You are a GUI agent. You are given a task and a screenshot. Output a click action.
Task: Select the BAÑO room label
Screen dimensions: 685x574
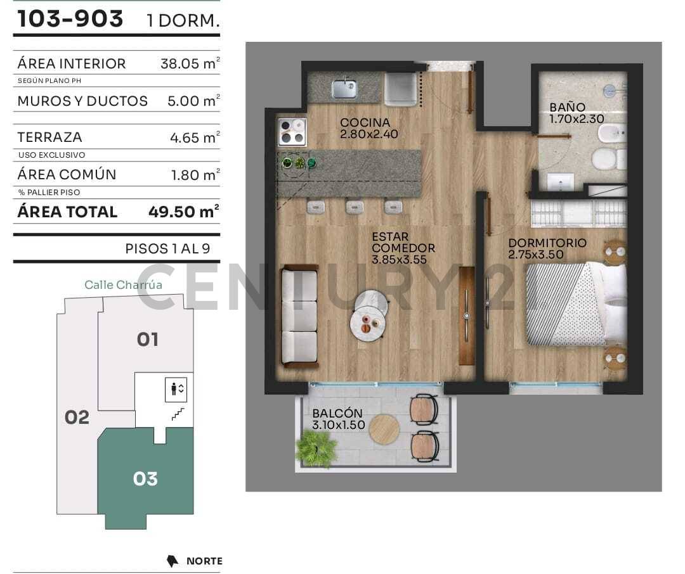tap(567, 107)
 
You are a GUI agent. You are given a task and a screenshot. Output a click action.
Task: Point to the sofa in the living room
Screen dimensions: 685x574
tap(299, 316)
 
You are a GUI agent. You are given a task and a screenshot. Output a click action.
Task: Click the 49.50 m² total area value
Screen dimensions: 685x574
tap(183, 212)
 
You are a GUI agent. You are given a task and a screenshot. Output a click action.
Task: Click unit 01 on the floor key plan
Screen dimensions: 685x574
tap(148, 340)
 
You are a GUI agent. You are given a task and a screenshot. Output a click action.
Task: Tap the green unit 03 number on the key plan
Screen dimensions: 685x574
tap(145, 479)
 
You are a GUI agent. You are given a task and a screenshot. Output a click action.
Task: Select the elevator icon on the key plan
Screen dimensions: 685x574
tap(176, 390)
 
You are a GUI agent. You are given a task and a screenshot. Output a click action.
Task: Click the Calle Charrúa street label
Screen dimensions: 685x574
tap(123, 285)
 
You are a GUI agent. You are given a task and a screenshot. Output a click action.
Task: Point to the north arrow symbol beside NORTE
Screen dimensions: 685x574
tap(173, 561)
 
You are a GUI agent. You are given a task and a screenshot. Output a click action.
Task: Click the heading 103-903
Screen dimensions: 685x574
tap(70, 19)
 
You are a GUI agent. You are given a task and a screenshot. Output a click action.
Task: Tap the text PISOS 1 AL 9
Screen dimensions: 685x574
tap(167, 249)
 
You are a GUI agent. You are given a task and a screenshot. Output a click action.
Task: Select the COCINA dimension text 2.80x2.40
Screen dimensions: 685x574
tap(369, 134)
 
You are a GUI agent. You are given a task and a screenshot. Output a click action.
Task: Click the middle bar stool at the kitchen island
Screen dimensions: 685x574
tap(355, 207)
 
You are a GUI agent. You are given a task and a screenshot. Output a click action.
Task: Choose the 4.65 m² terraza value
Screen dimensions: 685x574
tap(195, 138)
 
